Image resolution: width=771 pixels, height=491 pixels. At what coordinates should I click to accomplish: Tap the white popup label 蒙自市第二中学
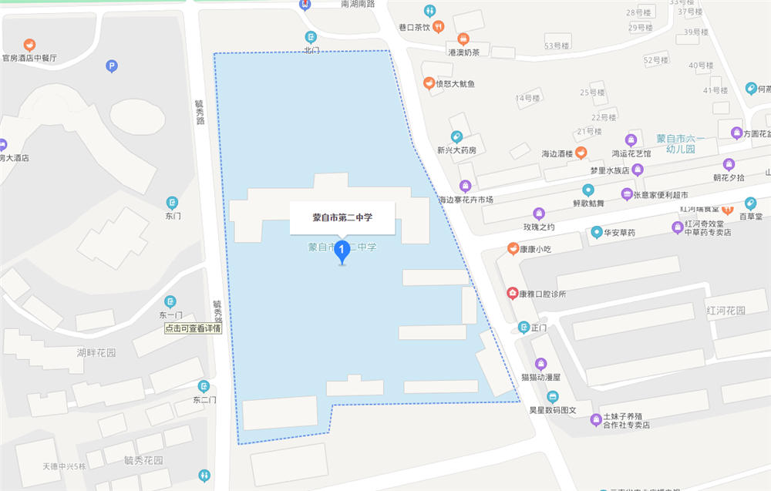click(x=342, y=218)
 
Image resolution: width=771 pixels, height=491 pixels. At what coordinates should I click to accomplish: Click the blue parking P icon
click(x=112, y=67)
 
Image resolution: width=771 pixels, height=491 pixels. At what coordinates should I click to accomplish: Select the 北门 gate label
click(x=311, y=50)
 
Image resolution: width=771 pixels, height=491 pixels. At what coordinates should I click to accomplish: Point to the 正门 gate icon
click(x=524, y=327)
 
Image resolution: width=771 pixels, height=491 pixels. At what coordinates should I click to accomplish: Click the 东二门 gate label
click(x=204, y=399)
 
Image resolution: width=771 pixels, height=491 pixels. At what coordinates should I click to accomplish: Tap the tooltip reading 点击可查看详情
click(x=193, y=328)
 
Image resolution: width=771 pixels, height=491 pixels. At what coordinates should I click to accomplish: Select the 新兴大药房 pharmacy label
click(x=456, y=150)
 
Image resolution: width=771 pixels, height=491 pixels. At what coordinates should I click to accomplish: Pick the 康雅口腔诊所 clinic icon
click(x=512, y=293)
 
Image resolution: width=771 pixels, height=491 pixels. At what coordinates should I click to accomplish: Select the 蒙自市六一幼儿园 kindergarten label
click(x=675, y=143)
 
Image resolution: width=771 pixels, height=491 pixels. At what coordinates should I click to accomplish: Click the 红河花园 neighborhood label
click(x=726, y=310)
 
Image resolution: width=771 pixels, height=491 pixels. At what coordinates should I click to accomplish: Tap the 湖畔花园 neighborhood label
click(x=96, y=353)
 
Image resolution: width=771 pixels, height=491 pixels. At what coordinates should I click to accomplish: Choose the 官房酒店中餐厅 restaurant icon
click(x=29, y=45)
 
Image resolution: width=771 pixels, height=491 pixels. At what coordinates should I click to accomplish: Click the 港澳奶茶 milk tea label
click(x=463, y=52)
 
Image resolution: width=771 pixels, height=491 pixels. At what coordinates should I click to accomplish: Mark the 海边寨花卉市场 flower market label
click(x=465, y=200)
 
